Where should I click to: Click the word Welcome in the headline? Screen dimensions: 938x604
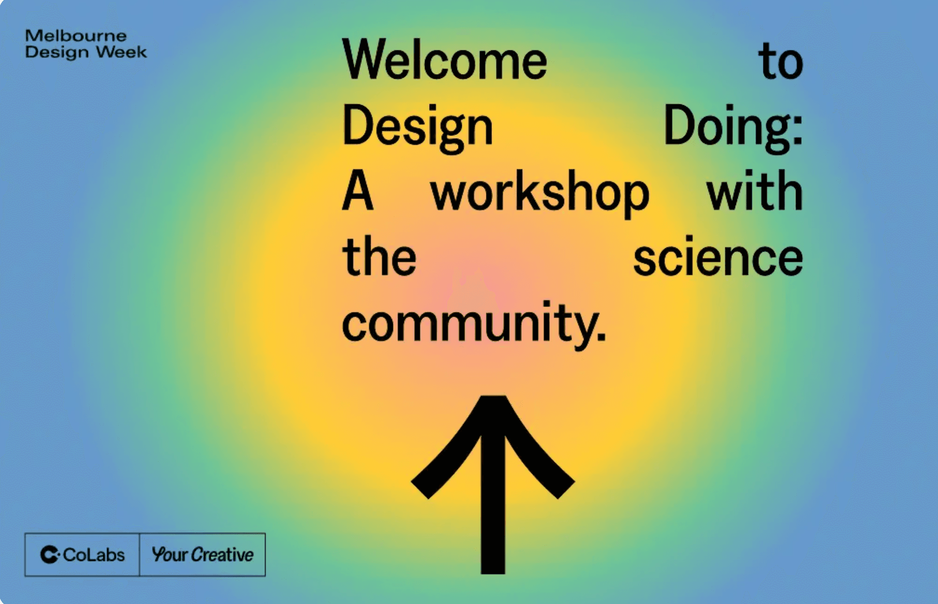click(445, 59)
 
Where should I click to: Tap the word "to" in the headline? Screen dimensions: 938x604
click(781, 61)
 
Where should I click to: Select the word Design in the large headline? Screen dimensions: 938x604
click(418, 127)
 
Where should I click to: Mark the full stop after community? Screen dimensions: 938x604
click(601, 336)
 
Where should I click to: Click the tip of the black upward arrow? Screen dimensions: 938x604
click(493, 397)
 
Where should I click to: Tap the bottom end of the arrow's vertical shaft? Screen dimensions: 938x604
click(493, 573)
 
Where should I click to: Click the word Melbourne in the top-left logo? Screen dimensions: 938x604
click(76, 36)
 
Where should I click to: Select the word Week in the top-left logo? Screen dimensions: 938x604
click(121, 52)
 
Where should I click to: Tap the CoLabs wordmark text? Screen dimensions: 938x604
click(94, 555)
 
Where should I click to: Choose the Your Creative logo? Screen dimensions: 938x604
click(202, 555)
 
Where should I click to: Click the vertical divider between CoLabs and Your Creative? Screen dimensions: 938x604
click(139, 555)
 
